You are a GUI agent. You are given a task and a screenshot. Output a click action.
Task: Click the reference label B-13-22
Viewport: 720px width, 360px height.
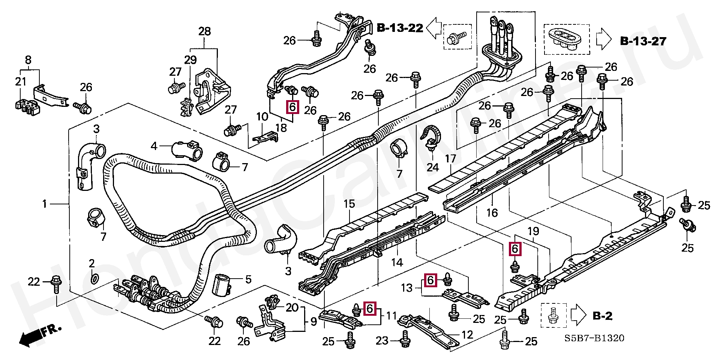click(400, 28)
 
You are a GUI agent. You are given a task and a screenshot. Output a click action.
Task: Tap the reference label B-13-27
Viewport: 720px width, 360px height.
click(643, 41)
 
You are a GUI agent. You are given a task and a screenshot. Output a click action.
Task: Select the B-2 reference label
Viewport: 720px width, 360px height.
click(602, 316)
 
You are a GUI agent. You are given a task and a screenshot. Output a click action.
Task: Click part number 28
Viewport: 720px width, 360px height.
click(204, 31)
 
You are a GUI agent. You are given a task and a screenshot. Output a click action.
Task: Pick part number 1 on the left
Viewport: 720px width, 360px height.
click(45, 204)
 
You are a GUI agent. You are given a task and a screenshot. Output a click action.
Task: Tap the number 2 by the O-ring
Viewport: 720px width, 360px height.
click(92, 263)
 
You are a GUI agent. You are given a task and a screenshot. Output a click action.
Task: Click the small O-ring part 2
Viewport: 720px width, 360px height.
click(95, 278)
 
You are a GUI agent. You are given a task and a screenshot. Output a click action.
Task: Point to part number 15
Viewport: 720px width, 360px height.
click(349, 204)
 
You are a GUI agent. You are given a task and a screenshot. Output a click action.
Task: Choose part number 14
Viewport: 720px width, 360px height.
click(397, 262)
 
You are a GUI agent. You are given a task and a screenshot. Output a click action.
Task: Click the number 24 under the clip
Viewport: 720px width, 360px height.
click(432, 167)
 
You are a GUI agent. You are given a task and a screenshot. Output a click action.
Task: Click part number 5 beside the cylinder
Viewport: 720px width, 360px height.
click(248, 279)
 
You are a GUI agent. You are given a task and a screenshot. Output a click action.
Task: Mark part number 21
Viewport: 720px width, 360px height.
click(21, 81)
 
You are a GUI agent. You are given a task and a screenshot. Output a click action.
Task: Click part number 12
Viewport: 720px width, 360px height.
click(467, 335)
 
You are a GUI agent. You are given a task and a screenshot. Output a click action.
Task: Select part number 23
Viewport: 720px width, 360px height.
click(382, 340)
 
